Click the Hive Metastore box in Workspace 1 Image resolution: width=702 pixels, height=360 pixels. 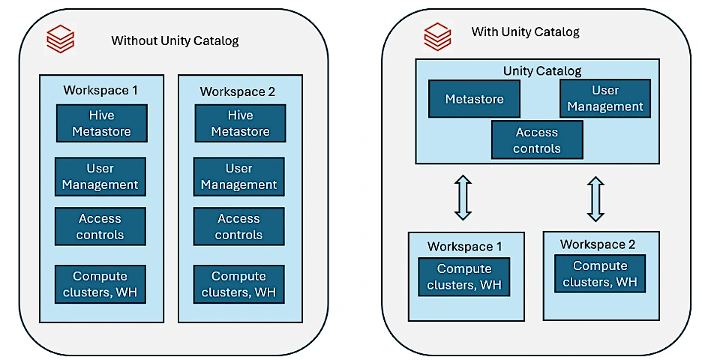click(x=101, y=124)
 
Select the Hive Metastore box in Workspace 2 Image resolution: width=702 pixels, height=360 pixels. click(x=240, y=124)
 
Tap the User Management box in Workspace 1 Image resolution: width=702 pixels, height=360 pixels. click(x=100, y=176)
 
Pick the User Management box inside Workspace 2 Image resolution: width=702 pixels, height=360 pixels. click(x=238, y=176)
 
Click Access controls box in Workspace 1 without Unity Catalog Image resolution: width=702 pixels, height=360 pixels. click(x=100, y=226)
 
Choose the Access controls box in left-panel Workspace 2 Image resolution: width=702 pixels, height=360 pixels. click(x=238, y=226)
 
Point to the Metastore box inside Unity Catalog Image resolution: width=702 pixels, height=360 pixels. click(x=474, y=99)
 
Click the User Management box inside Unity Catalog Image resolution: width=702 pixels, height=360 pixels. click(x=605, y=98)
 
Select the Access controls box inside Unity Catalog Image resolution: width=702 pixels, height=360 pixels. click(x=537, y=140)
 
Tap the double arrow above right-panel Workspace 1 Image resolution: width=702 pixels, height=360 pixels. click(x=463, y=197)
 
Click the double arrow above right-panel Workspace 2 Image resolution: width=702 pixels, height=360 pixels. click(x=595, y=199)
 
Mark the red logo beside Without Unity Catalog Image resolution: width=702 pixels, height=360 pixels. click(x=60, y=39)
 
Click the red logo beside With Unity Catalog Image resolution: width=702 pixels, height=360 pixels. click(x=437, y=36)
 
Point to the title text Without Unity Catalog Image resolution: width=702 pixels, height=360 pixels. click(x=175, y=40)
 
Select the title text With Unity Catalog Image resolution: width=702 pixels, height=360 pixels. click(x=525, y=32)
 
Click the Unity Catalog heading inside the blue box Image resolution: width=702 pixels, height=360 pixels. click(x=542, y=71)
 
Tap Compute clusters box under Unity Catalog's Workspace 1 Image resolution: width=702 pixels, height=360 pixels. click(x=464, y=277)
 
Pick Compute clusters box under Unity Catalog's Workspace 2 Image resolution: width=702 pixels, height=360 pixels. click(x=600, y=274)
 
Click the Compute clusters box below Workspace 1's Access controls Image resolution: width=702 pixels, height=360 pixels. click(x=100, y=284)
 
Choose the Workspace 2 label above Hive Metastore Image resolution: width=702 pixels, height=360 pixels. click(x=238, y=91)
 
